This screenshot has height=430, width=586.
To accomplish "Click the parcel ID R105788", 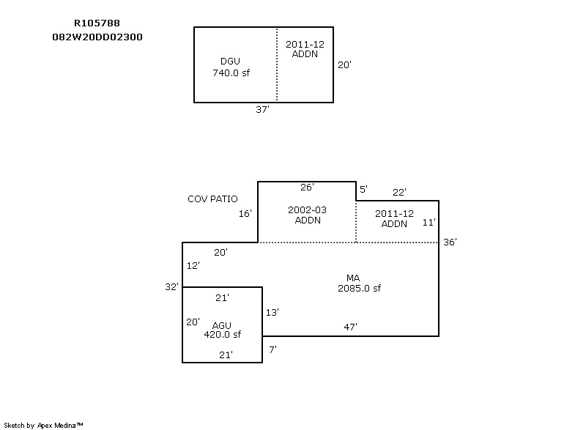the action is tap(97, 23).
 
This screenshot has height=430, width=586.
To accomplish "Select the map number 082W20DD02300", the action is tap(97, 37).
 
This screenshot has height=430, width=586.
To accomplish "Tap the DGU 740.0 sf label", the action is tap(231, 67).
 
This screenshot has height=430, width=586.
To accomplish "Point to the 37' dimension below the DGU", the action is tap(262, 109).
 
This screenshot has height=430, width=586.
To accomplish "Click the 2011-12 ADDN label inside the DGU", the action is tap(305, 49).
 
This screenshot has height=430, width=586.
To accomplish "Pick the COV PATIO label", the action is tap(212, 199).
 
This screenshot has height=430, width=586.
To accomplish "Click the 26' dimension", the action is tap(307, 188).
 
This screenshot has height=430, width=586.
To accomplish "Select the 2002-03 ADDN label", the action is tap(307, 215).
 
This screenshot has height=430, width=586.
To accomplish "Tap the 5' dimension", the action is tap(363, 189).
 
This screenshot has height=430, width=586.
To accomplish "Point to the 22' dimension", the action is tap(399, 193).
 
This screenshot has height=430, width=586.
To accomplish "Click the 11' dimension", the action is tap(429, 223).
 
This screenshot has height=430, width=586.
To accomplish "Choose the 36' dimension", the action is tap(450, 242).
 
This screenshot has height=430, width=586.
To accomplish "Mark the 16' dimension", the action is tap(245, 214).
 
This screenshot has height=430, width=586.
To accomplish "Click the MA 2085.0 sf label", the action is tap(359, 283).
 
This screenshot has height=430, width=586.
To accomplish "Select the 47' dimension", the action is tap(350, 327).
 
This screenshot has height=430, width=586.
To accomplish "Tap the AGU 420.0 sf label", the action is tap(223, 330).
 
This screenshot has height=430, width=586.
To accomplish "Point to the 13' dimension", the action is tap(272, 312).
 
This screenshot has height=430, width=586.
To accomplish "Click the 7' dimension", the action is tap(272, 349).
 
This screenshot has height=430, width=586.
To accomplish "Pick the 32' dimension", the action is tap(172, 287).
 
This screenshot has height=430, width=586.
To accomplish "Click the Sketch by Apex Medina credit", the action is tap(43, 426).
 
